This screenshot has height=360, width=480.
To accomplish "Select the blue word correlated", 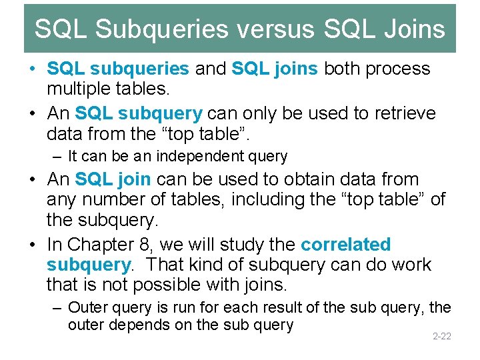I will (x=345, y=244).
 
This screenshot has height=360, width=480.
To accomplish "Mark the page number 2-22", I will (x=441, y=336).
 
